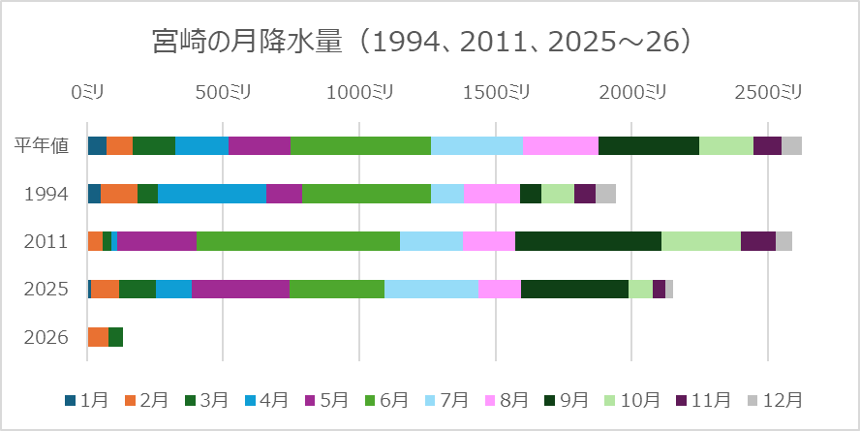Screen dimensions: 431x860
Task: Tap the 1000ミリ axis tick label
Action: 358,92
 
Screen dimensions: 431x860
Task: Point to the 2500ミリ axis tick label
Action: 767,92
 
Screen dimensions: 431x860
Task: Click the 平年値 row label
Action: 42,146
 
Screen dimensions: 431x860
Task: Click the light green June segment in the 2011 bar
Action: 298,241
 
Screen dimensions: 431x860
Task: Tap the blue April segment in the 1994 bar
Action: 212,194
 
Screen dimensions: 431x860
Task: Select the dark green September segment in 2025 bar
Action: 574,289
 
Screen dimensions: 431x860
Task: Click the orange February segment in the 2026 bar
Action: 98,337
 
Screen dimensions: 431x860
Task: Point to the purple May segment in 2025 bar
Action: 240,289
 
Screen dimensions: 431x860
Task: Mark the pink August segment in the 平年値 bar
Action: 560,146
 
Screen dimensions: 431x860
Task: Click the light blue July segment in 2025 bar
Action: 431,289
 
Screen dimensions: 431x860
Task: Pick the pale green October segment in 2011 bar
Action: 700,241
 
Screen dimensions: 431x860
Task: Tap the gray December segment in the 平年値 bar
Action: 791,146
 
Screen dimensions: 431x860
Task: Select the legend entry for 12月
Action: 775,400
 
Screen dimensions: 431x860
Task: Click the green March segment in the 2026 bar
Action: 115,337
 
